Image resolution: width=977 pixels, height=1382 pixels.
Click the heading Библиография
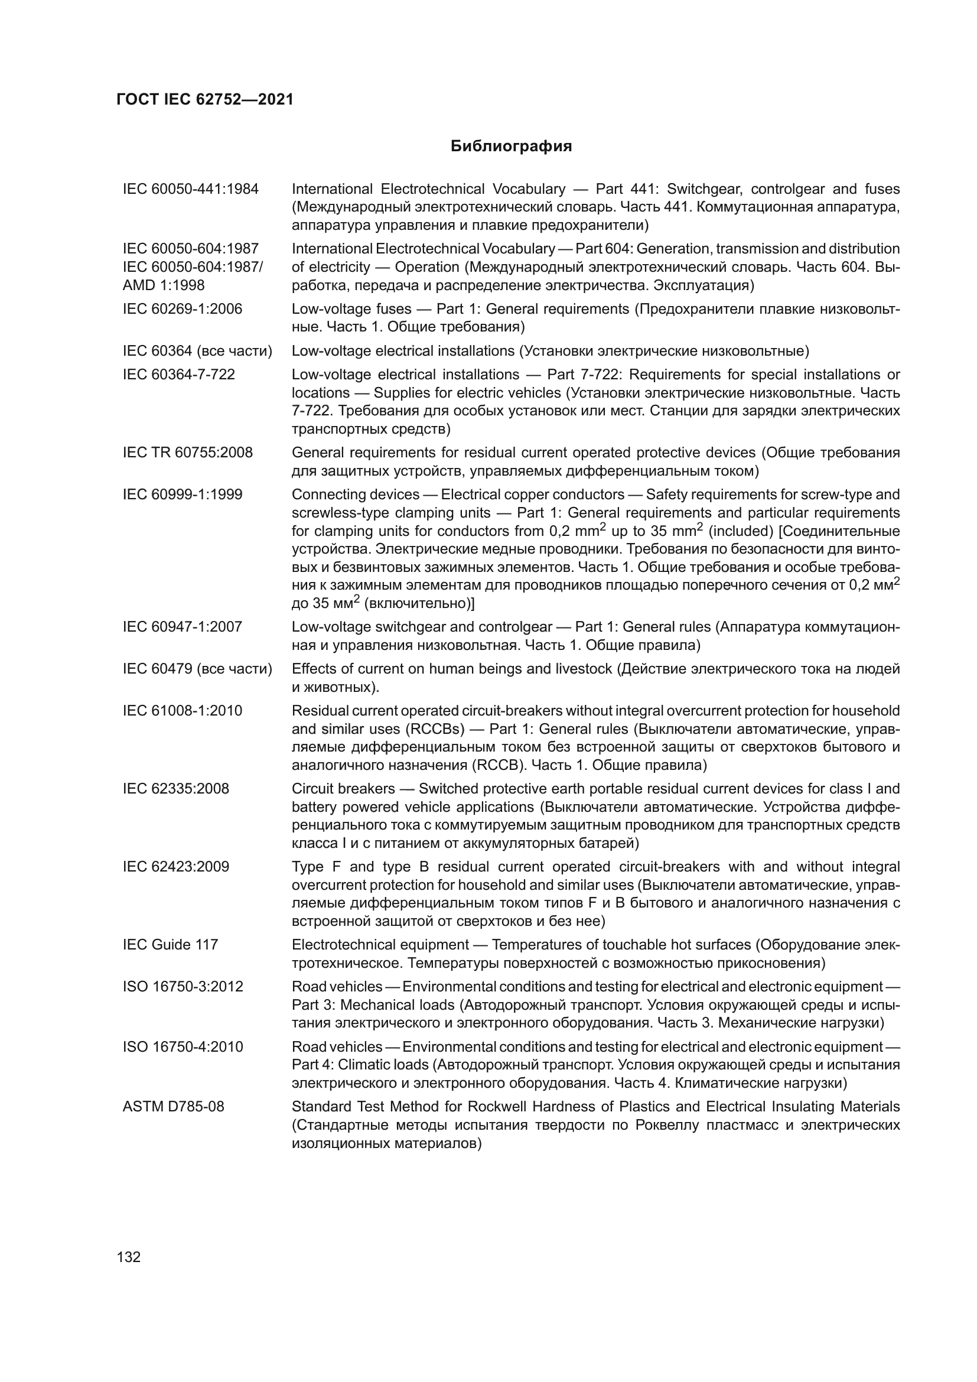[x=511, y=147]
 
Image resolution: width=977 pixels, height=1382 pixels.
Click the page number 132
[x=129, y=1257]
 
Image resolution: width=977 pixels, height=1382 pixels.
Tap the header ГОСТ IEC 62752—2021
[x=204, y=100]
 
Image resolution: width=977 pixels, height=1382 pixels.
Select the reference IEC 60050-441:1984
[x=190, y=189]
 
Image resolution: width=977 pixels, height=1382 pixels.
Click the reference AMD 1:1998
[x=164, y=285]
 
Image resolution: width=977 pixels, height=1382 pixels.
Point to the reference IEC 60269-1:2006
[x=183, y=309]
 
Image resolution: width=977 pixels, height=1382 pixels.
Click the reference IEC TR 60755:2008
[x=188, y=453]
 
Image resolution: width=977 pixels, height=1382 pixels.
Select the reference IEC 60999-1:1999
[x=183, y=495]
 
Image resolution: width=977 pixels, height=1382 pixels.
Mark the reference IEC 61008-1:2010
[x=183, y=711]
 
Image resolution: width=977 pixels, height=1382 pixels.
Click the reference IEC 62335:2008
[x=175, y=789]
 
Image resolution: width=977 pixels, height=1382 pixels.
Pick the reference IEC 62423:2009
[x=175, y=867]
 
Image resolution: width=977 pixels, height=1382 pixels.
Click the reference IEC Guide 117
[x=170, y=944]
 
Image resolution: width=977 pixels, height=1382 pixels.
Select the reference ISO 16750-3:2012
[x=183, y=987]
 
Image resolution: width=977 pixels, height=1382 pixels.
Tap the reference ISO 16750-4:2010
[x=183, y=1047]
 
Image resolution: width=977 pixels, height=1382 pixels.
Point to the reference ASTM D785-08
[x=173, y=1106]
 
